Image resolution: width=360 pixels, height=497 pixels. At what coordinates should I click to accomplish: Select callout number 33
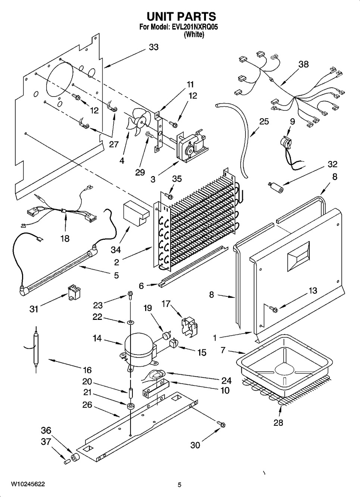coord(153,47)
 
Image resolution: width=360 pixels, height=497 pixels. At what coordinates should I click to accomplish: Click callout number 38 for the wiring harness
coord(304,64)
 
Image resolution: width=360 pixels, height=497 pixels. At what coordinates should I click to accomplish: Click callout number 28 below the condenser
coord(278,422)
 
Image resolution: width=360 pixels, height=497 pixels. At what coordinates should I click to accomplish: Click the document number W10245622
coord(28,484)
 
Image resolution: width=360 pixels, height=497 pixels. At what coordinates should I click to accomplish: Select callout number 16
coord(87,370)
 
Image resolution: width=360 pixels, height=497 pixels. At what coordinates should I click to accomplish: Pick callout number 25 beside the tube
coord(264,122)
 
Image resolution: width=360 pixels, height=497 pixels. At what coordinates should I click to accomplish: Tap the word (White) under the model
coord(194,34)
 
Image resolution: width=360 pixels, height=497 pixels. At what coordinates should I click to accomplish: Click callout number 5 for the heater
coord(116,275)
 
